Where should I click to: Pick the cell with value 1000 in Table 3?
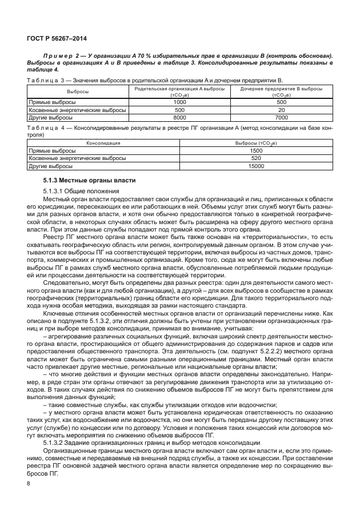[x=179, y=101]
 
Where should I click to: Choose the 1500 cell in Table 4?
[x=256, y=151]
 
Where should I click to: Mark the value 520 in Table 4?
[x=256, y=158]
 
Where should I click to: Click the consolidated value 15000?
[x=256, y=166]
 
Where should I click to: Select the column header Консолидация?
[x=103, y=143]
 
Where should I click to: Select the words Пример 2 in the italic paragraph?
[x=63, y=55]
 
